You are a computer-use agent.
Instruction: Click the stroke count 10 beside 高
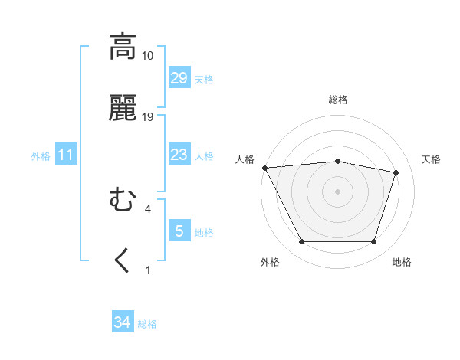(148, 56)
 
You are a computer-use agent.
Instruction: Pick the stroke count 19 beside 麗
(148, 117)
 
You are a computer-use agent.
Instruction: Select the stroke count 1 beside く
(148, 270)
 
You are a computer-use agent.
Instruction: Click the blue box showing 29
(179, 78)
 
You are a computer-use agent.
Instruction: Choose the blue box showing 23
(179, 155)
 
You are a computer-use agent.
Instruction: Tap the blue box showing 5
(179, 231)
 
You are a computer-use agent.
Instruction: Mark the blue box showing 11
(66, 155)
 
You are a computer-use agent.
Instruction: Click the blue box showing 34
(123, 323)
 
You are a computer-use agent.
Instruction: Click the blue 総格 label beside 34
(147, 324)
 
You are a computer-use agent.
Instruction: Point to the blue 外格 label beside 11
(41, 155)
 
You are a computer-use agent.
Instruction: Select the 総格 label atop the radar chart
(338, 100)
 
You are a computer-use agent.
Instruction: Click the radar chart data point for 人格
(264, 168)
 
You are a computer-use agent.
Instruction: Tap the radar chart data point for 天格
(396, 172)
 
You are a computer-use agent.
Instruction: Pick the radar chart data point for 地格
(373, 242)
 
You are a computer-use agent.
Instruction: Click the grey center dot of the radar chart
(338, 191)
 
